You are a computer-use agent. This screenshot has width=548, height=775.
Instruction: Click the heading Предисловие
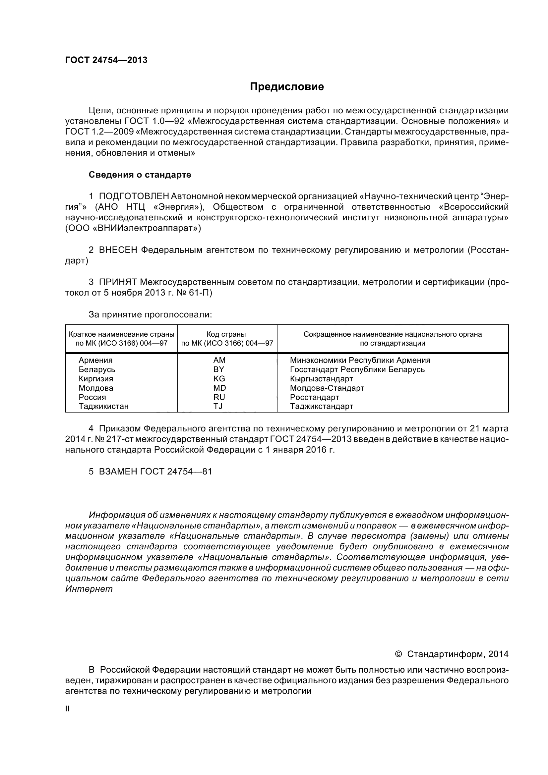click(x=287, y=87)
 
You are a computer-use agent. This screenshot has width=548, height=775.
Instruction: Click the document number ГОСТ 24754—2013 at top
click(x=106, y=60)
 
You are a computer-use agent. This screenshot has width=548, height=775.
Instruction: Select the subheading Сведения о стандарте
click(x=140, y=175)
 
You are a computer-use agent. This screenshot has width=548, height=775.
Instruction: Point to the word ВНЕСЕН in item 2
click(x=118, y=250)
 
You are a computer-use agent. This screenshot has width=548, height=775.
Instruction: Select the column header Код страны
click(x=226, y=334)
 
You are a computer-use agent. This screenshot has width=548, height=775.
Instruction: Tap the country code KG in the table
click(x=219, y=379)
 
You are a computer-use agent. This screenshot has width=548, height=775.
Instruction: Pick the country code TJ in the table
click(x=218, y=407)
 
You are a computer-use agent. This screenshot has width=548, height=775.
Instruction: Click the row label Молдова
click(x=96, y=388)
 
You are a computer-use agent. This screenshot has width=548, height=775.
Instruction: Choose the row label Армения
click(x=95, y=360)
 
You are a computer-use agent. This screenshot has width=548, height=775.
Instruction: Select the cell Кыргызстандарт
click(x=322, y=379)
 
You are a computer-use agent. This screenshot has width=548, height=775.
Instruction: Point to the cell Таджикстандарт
click(x=322, y=407)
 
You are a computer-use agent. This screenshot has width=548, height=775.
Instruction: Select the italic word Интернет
click(x=89, y=589)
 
